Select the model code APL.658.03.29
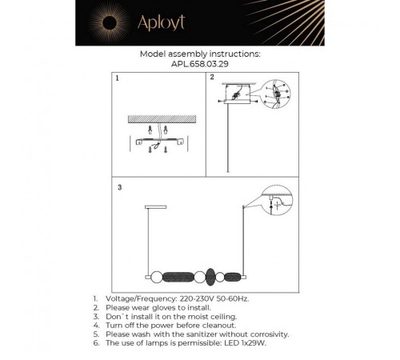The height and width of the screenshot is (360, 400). click(x=200, y=64)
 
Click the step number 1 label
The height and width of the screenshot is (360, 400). click(x=116, y=80)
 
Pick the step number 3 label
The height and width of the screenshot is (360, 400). click(x=118, y=188)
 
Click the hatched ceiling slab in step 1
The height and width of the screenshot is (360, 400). click(x=160, y=118)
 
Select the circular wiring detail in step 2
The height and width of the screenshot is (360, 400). click(x=276, y=95)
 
